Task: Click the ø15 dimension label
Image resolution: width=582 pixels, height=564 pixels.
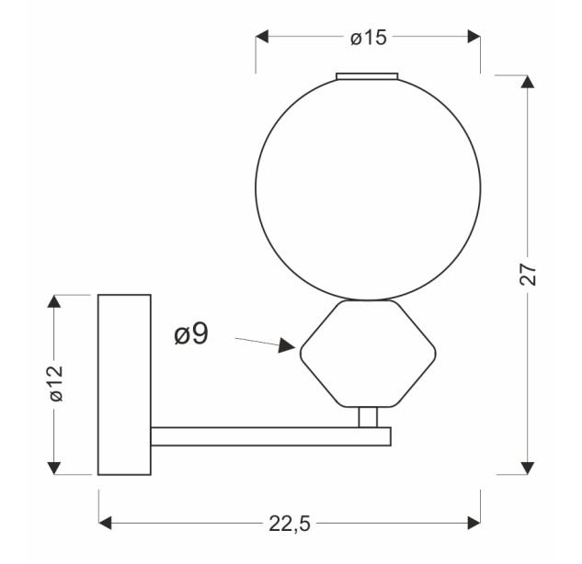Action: click(x=369, y=38)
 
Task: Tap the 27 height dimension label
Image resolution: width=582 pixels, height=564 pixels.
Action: click(x=528, y=275)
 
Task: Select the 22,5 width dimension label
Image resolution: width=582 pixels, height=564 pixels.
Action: click(x=290, y=524)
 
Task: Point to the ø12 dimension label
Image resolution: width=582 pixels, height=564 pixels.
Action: click(x=56, y=383)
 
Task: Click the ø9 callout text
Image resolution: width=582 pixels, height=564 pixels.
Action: click(x=191, y=333)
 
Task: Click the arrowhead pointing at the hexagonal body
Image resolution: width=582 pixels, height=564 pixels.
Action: click(x=287, y=345)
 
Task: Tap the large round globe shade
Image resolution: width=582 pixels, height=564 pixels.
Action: click(x=368, y=188)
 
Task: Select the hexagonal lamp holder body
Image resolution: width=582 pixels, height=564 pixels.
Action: click(x=368, y=354)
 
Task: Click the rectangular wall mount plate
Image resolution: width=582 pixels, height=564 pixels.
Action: click(x=124, y=385)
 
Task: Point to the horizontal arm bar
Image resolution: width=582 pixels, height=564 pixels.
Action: click(x=271, y=436)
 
